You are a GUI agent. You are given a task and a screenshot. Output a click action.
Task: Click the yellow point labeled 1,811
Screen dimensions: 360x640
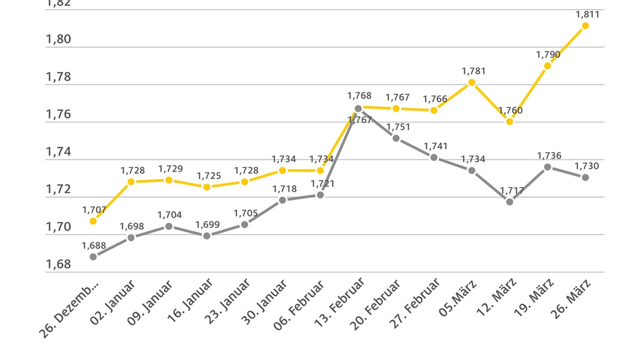click(x=585, y=26)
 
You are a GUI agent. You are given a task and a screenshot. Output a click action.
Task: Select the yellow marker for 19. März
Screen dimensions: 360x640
click(x=547, y=66)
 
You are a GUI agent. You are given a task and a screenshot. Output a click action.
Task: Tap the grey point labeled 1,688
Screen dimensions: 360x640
click(x=93, y=257)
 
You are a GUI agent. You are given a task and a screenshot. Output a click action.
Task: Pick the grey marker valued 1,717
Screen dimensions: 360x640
click(x=509, y=202)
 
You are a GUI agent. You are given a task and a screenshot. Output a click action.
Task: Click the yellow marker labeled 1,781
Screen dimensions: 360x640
click(x=471, y=82)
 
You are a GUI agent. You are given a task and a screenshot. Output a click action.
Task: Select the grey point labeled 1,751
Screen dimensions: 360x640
click(x=396, y=138)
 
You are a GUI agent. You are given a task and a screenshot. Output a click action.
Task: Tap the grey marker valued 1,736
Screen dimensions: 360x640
click(x=547, y=167)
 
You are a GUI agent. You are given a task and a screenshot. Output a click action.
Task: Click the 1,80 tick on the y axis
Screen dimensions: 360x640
click(x=58, y=39)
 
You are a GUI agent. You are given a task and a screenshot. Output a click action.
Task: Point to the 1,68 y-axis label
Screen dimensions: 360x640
click(x=58, y=265)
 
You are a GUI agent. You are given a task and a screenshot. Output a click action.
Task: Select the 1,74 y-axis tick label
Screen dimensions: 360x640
click(x=58, y=152)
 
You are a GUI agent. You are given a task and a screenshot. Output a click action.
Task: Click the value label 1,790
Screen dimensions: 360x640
click(x=547, y=54)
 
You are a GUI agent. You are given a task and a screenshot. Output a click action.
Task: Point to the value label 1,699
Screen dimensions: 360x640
click(x=207, y=225)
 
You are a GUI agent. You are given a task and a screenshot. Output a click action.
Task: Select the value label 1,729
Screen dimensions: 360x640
click(x=170, y=169)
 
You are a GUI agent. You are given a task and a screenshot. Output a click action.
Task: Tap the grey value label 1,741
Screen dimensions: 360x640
click(x=435, y=146)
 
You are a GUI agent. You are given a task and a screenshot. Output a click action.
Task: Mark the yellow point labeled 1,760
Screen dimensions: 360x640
click(x=509, y=122)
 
